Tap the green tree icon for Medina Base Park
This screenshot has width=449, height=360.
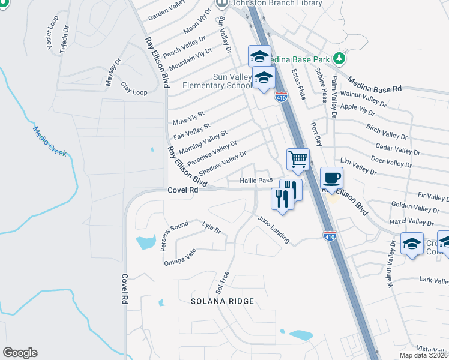point(339,58)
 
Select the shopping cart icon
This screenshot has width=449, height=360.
point(298,160)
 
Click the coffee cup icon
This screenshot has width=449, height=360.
point(331,178)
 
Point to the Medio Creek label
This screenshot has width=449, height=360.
point(50,142)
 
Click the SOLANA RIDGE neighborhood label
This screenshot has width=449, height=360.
point(223,301)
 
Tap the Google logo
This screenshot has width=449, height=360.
point(20,353)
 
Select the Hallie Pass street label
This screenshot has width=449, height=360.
point(256,180)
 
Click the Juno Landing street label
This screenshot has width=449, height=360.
point(274,230)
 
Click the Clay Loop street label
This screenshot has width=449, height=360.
point(134,88)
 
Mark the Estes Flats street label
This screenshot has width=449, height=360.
point(298,84)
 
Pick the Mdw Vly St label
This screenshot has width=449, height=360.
point(188,118)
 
